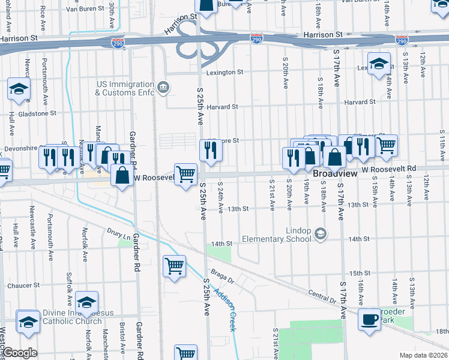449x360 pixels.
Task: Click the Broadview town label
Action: point(336,173)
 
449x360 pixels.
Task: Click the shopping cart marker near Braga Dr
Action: point(174,265)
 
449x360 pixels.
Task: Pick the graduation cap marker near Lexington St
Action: point(379,64)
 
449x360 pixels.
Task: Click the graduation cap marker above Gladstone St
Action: point(19,89)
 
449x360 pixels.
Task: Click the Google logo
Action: point(19,353)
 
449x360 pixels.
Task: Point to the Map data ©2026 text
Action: point(423,355)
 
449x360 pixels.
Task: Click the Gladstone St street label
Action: point(37,113)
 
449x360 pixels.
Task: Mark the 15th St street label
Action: point(376,273)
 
